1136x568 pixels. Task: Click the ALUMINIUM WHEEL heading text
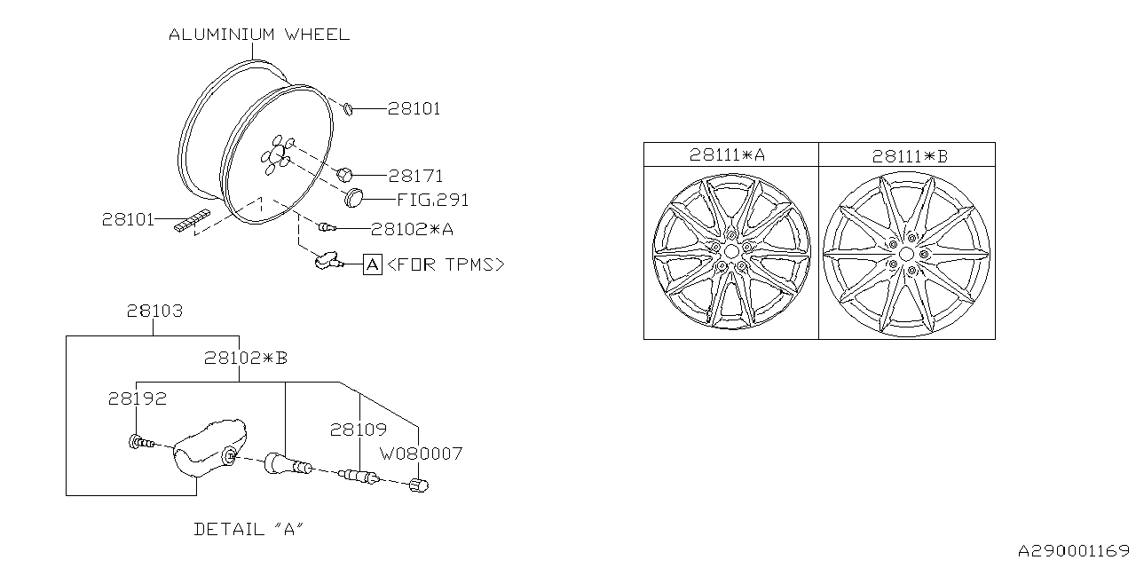coord(259,35)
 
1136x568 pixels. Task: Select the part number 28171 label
coord(415,176)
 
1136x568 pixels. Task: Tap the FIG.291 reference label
coord(433,200)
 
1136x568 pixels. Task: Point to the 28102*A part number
coord(412,229)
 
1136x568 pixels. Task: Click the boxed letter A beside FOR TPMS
coord(373,264)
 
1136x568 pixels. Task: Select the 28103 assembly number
coord(154,312)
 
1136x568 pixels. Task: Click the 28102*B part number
coord(246,358)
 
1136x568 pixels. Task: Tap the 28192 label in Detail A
coord(138,399)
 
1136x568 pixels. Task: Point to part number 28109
coord(359,430)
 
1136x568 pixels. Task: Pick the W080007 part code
coord(421,454)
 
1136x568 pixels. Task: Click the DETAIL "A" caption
coord(249,529)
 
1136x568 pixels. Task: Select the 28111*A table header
coord(728,154)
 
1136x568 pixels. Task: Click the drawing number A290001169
coord(1073,550)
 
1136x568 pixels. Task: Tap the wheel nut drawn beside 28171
coord(346,173)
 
